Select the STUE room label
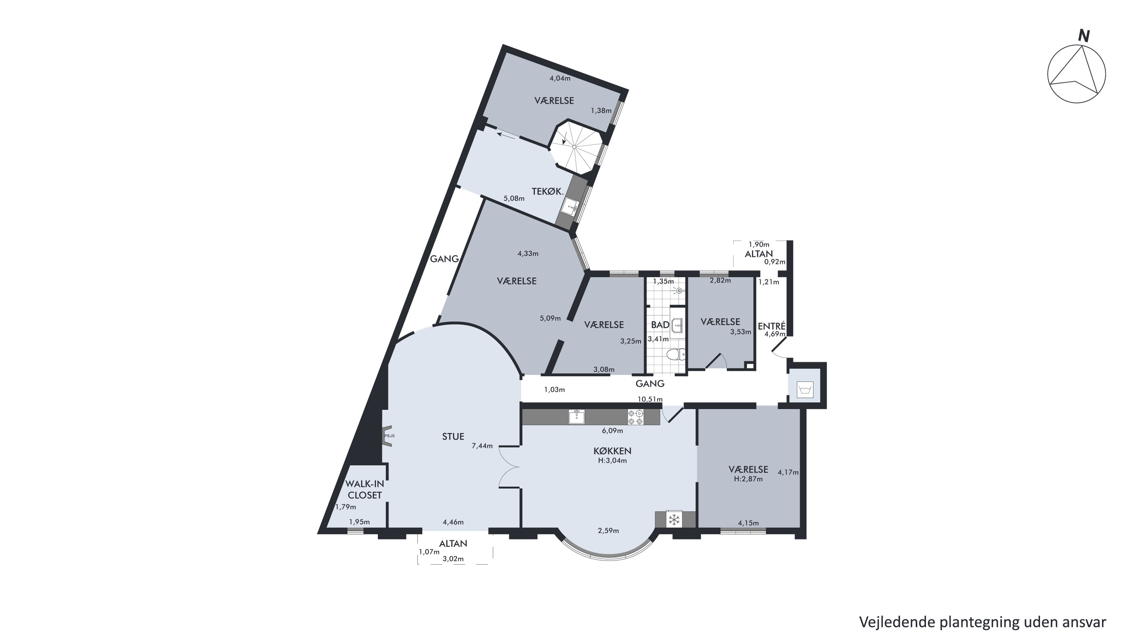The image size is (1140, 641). tap(453, 437)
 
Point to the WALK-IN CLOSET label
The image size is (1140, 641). tap(365, 490)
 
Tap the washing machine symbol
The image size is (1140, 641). tap(805, 390)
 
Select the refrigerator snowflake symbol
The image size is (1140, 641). tap(674, 520)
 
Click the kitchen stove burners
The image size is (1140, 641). tap(636, 417)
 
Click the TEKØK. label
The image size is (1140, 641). tap(548, 192)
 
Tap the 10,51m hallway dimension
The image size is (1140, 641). tap(650, 399)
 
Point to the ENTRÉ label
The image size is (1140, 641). tap(772, 326)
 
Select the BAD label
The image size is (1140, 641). tap(660, 325)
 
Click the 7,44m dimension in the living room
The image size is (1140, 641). tap(482, 446)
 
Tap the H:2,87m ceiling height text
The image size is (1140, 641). tap(748, 479)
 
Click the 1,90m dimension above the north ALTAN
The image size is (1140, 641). tap(759, 244)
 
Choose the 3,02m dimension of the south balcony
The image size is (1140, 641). tap(453, 559)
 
